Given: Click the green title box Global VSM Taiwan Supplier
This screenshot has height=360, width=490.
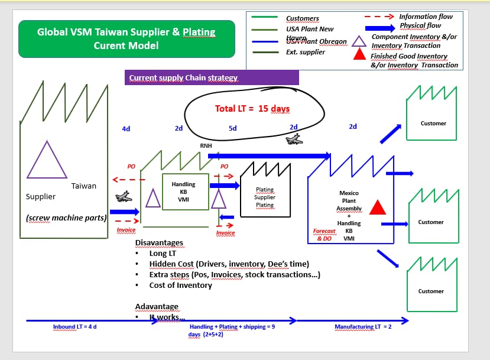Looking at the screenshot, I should click(x=126, y=38).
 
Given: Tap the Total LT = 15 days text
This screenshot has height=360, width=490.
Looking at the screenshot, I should click(x=252, y=109).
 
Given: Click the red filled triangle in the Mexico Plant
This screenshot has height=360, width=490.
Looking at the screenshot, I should click(x=377, y=207).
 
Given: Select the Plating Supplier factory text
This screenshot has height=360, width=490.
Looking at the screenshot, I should click(x=265, y=197).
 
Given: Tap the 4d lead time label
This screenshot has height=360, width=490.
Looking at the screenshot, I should click(x=126, y=128).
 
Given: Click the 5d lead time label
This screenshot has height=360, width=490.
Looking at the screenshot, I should click(x=232, y=128).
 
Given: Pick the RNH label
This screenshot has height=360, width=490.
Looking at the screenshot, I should click(x=206, y=145).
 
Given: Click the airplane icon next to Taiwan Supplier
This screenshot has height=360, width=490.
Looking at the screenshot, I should click(x=123, y=197).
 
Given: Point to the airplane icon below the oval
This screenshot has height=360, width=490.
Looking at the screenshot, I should click(x=293, y=140).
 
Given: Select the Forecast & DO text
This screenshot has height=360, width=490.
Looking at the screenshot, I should click(x=324, y=235).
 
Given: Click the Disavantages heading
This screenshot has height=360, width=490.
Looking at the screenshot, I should click(x=159, y=243).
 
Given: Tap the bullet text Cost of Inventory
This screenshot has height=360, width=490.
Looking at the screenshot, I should click(x=180, y=285).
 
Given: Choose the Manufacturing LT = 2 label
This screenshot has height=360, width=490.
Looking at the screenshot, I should click(x=363, y=326).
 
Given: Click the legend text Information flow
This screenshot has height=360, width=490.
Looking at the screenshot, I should click(x=426, y=17).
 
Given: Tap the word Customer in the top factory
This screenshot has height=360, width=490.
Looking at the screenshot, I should click(x=433, y=124).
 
